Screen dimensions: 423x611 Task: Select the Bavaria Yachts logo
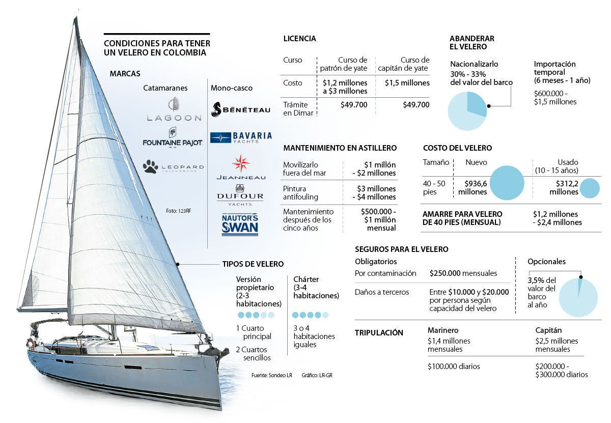tap(241, 137)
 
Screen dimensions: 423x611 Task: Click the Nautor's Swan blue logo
tap(240, 224)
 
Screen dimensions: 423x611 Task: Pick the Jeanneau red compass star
tap(240, 163)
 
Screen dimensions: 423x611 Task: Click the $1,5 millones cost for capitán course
tap(407, 83)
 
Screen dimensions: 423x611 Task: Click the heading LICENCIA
tap(299, 39)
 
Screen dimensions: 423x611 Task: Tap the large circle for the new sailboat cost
tap(504, 183)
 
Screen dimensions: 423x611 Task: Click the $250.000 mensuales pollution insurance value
tap(463, 273)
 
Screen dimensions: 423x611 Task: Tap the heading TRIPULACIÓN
tap(379, 333)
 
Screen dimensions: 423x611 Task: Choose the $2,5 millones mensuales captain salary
tap(553, 345)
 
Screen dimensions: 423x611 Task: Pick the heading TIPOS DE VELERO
tap(253, 264)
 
